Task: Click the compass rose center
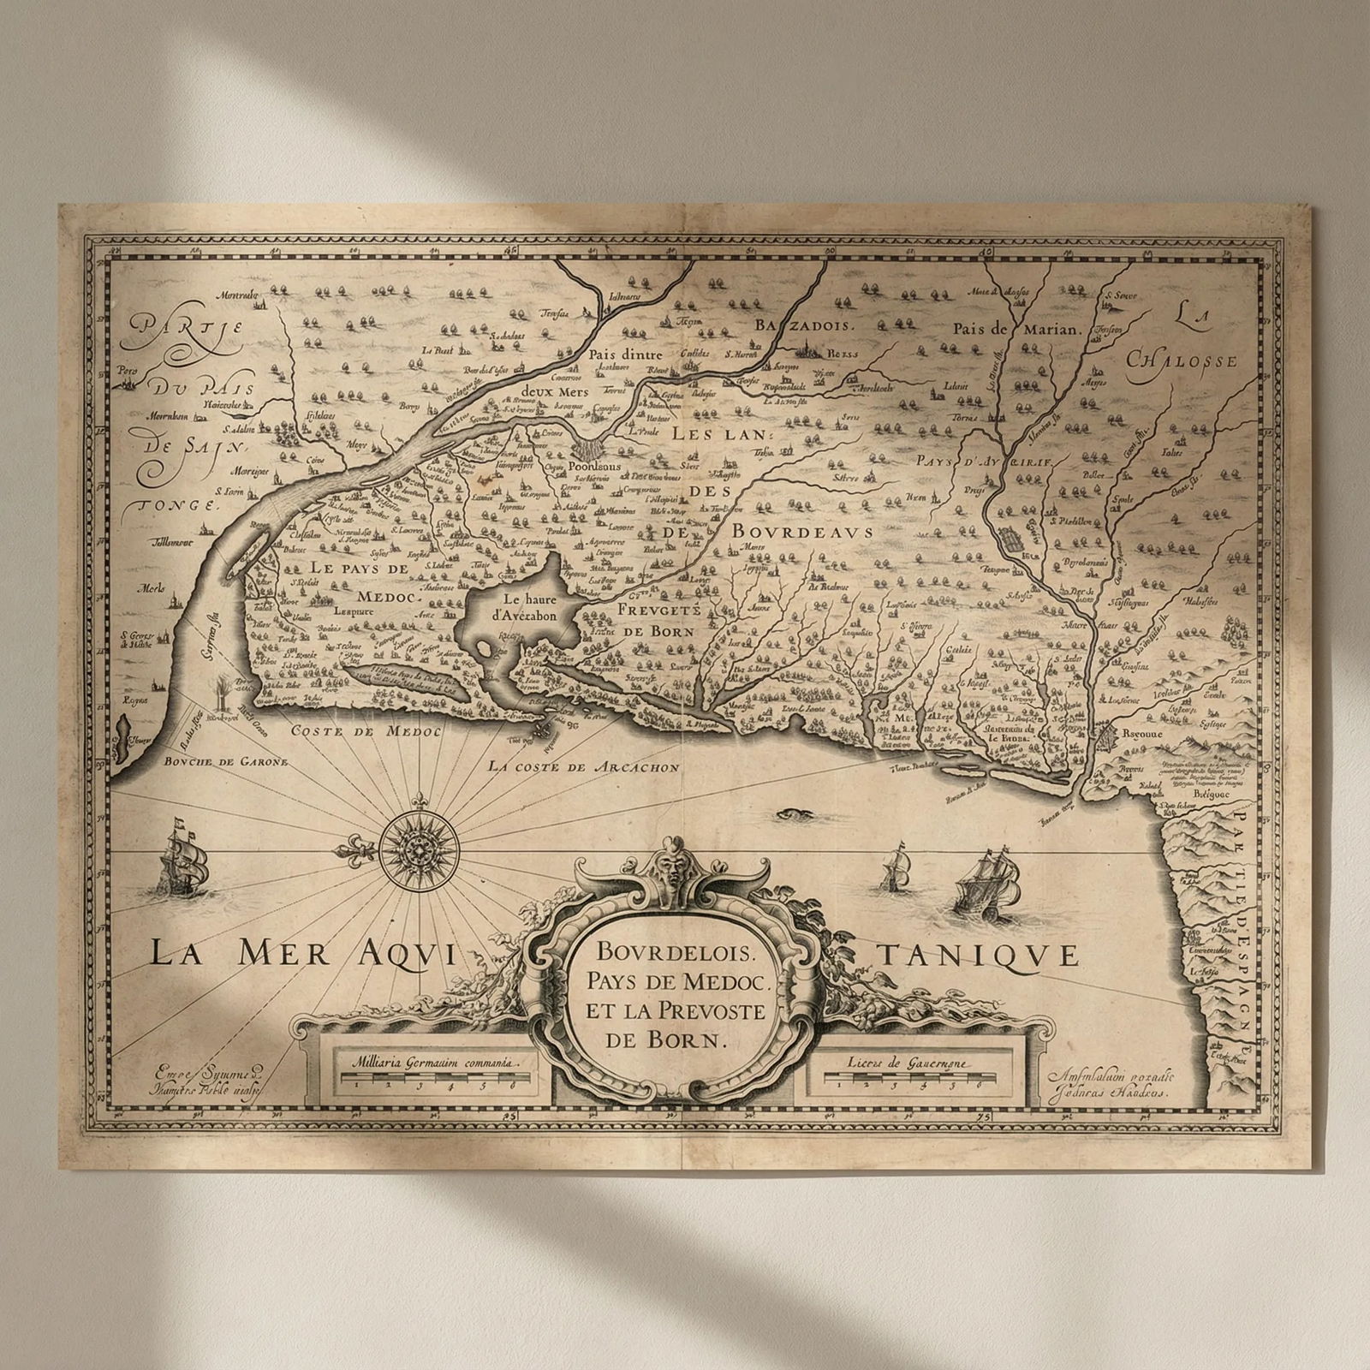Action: [x=419, y=849]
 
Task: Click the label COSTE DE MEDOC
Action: [x=354, y=731]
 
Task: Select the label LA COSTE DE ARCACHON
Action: [x=584, y=767]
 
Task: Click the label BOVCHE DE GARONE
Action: [x=214, y=761]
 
